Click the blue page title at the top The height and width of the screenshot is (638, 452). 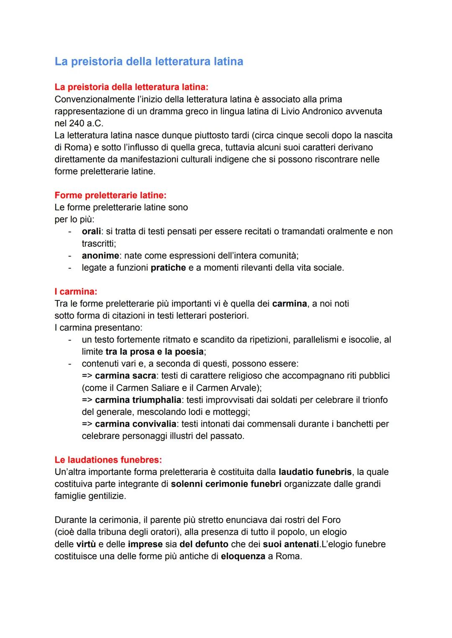point(149,61)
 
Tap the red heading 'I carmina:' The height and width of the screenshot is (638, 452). point(76,292)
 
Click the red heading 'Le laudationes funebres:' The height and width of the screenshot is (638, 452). point(108,460)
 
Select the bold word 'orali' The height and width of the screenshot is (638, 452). point(92,231)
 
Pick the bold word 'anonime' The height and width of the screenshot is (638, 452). point(100,256)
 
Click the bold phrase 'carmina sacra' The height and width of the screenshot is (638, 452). point(126,376)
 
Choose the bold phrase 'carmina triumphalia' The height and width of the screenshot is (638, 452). point(138,400)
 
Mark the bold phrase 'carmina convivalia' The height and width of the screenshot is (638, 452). point(136,424)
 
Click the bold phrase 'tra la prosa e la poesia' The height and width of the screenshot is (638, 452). point(154,352)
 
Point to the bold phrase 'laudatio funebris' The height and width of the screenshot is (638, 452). point(315,472)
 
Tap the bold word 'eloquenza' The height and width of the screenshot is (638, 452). point(243,556)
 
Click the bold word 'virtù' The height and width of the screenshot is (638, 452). point(86,544)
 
